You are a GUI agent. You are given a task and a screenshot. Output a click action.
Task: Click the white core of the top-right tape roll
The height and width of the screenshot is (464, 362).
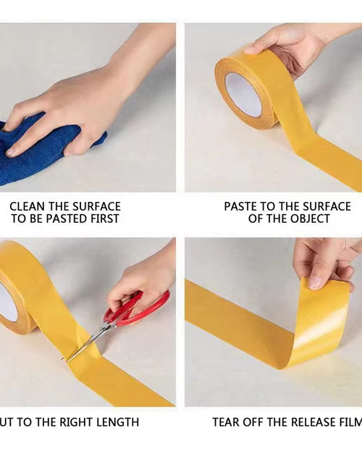tap(243, 95)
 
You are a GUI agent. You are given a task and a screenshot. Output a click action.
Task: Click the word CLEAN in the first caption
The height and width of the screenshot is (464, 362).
tap(28, 206)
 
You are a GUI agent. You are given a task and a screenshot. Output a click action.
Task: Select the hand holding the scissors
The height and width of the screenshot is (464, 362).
tap(145, 279)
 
